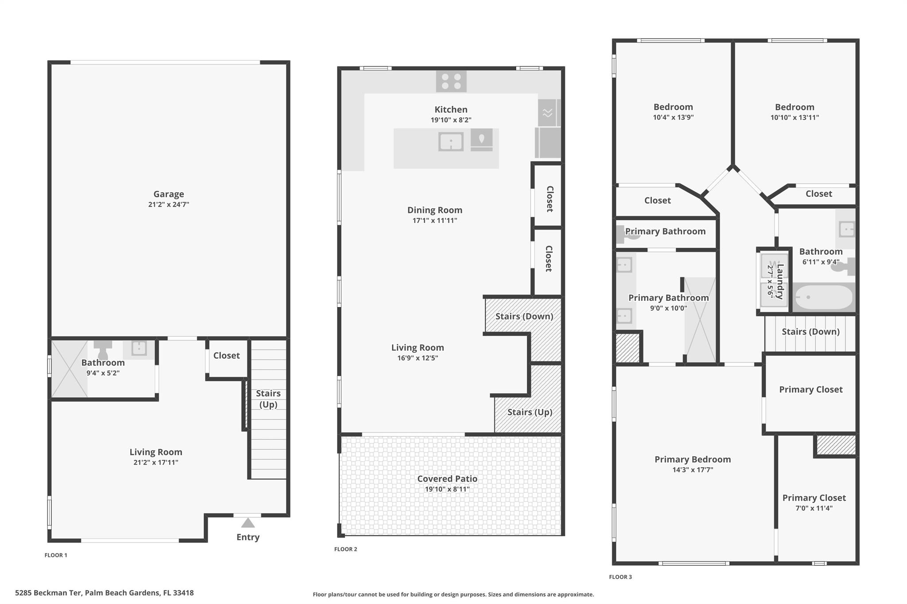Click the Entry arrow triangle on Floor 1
point(248,523)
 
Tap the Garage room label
point(169,194)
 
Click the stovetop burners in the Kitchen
point(451,81)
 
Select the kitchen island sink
point(451,142)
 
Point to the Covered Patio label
point(447,478)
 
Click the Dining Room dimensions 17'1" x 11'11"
point(434,220)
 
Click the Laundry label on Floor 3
point(780,281)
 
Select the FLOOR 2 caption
point(345,549)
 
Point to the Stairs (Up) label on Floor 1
point(268,399)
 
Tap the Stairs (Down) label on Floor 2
point(524,316)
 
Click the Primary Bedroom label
point(693,459)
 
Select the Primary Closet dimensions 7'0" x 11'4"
point(814,508)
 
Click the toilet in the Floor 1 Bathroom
point(103,350)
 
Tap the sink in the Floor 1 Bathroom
point(139,348)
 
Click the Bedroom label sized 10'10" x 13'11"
point(795,107)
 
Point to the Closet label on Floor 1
point(226,355)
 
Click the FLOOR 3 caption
point(620,577)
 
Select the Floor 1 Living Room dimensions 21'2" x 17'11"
point(156,462)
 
